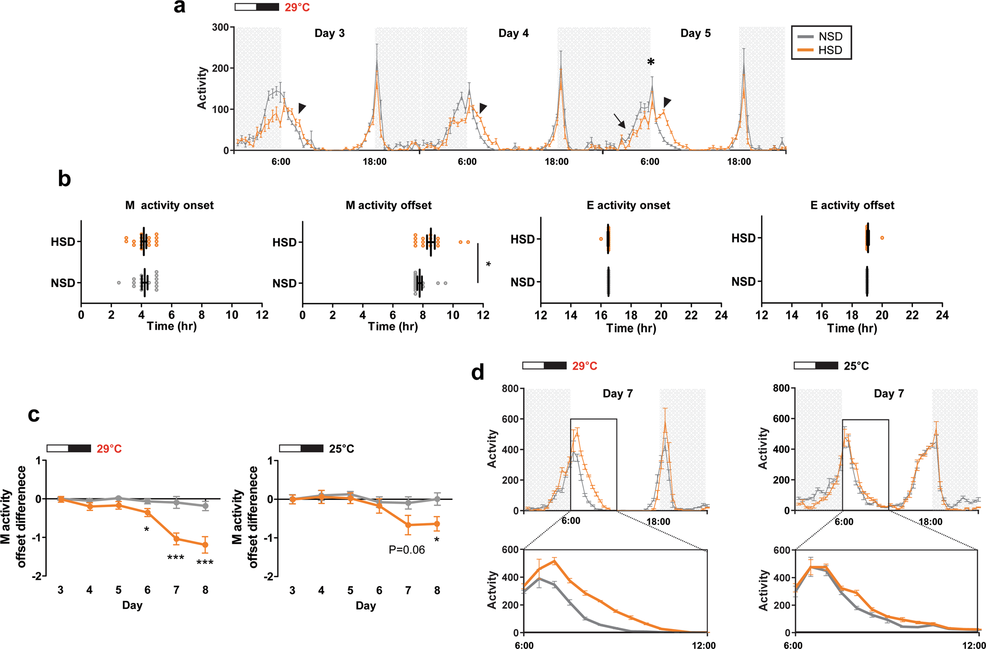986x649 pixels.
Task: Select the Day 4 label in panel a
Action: (513, 33)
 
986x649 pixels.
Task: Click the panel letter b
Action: (64, 179)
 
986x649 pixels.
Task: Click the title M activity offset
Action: (388, 205)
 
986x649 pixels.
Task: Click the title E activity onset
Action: (628, 205)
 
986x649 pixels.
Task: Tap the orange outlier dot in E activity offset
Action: (882, 238)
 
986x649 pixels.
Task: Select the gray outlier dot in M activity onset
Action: (118, 283)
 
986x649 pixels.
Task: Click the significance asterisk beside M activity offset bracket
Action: (488, 264)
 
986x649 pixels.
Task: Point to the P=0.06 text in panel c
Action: (406, 550)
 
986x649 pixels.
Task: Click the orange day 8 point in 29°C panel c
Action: (205, 545)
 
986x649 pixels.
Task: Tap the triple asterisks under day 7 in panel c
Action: (175, 557)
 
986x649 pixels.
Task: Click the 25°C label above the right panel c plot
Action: (341, 449)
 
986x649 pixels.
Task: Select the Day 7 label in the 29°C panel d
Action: (617, 393)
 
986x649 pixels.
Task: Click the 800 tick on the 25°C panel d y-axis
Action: (781, 388)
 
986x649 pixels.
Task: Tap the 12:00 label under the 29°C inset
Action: (703, 646)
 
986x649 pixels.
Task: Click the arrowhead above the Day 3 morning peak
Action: (302, 108)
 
